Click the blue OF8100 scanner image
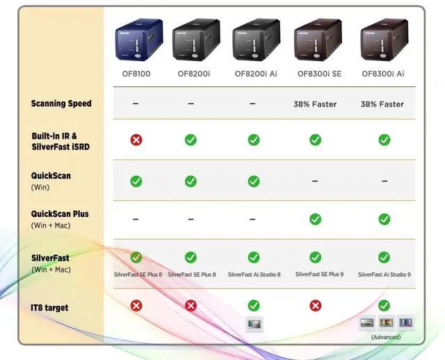coord(138,39)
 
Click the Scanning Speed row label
coord(61,104)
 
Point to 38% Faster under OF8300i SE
coord(315,104)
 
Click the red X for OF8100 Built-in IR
coord(136,140)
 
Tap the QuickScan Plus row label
coord(60,214)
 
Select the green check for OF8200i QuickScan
coord(191,181)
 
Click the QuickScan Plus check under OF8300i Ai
coord(384,219)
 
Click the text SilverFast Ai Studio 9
coord(385,275)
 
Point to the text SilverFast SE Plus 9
coord(319,274)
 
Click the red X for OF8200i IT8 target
coord(191,306)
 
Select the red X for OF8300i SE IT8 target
coord(315,306)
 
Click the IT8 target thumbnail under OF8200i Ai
coord(254,323)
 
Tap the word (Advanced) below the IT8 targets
coord(385,337)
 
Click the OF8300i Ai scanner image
coord(384,40)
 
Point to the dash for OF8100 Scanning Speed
coord(136,104)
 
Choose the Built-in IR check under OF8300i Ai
coord(384,140)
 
